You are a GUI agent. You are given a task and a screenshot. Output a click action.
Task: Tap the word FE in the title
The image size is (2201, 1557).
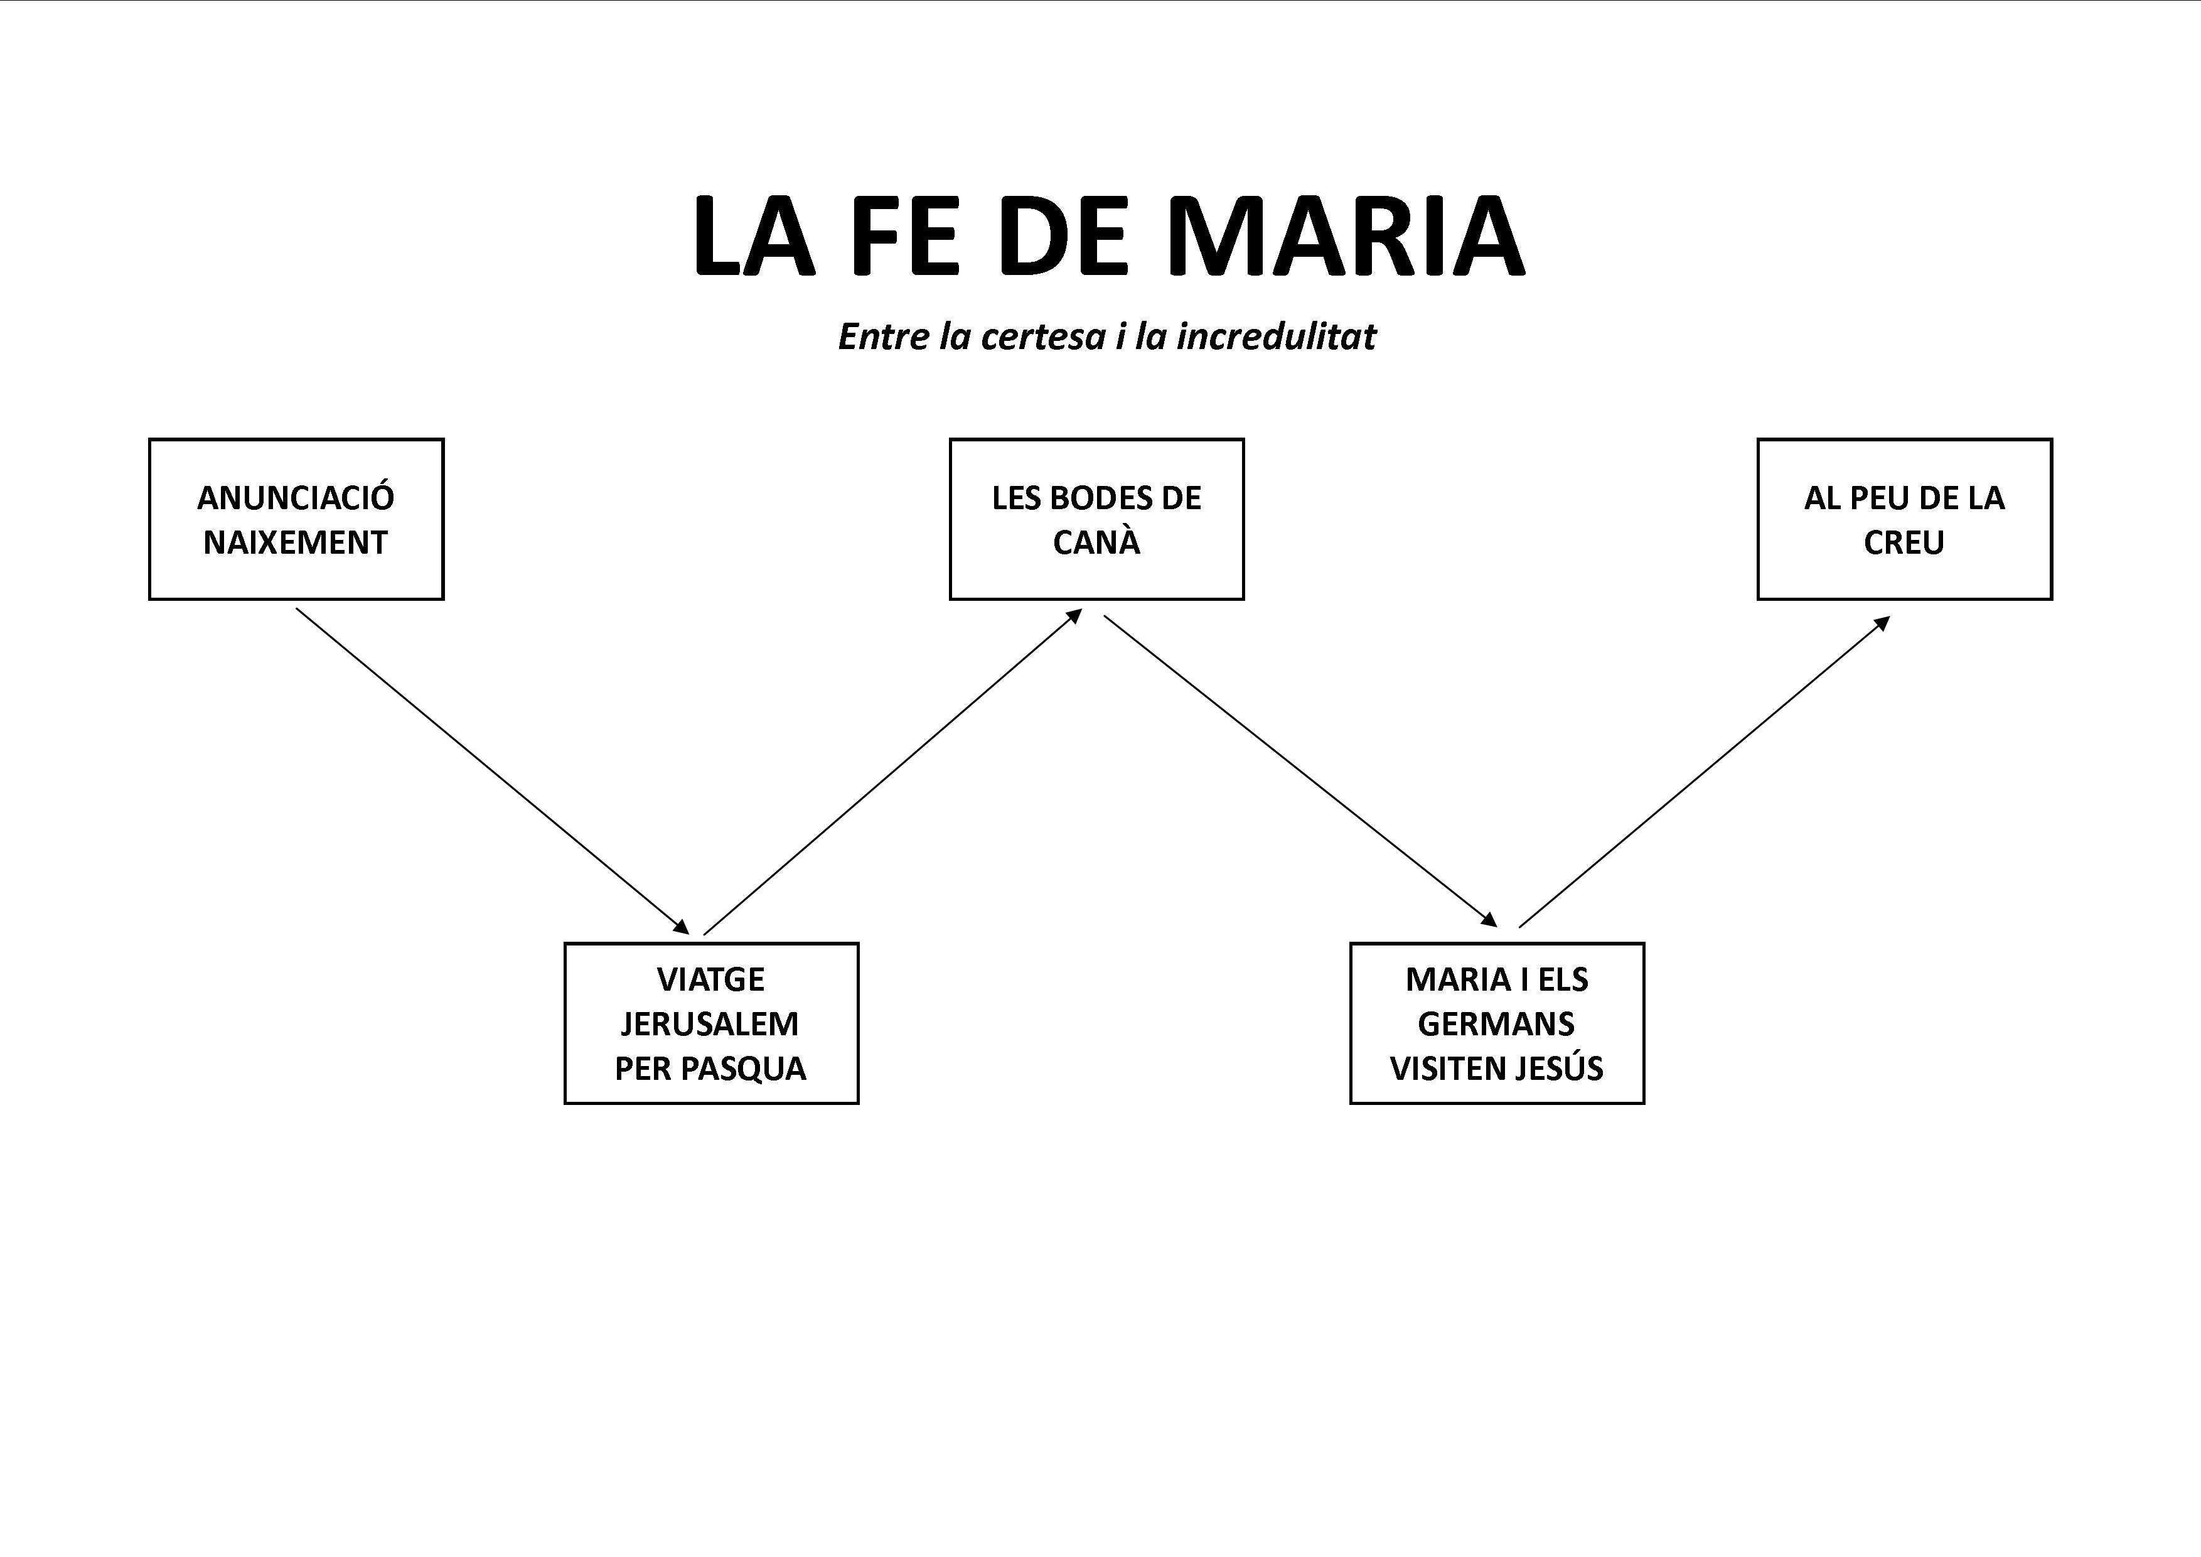click(903, 237)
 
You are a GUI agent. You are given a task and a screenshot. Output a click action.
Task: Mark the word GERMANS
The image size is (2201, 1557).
click(1496, 1024)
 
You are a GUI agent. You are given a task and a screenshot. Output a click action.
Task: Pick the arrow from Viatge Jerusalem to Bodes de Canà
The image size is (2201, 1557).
click(892, 772)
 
